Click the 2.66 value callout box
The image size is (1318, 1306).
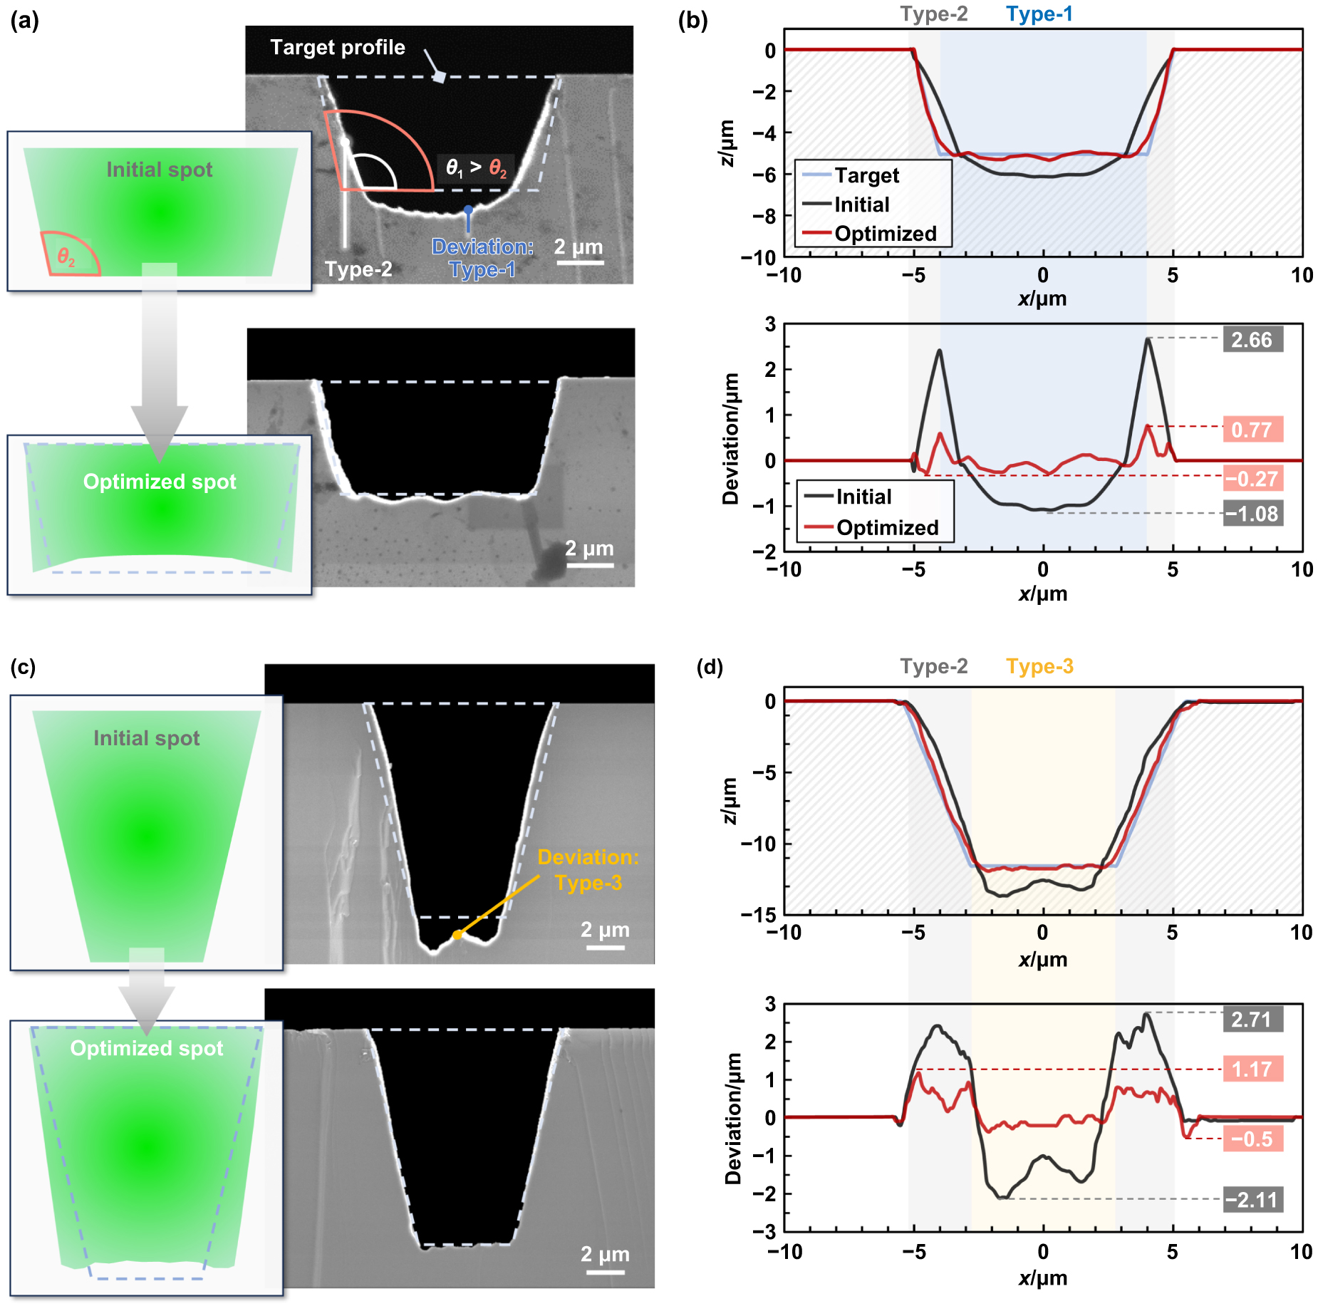[1252, 340]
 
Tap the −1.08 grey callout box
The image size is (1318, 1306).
[1252, 514]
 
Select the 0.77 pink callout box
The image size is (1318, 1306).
[1252, 430]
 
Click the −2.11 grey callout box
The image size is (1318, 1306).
[1252, 1200]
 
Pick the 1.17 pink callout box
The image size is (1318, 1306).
[1252, 1069]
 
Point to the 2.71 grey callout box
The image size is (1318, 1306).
[1252, 1020]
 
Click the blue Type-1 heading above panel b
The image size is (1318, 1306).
[1039, 14]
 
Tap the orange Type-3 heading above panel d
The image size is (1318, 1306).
[1039, 666]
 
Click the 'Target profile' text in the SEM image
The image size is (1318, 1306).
[338, 48]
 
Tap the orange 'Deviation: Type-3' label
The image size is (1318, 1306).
[588, 870]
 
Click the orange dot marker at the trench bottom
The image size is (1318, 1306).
[457, 935]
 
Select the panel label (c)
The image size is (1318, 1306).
[23, 667]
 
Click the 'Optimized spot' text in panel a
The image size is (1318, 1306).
[160, 482]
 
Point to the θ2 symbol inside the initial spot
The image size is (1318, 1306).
[66, 257]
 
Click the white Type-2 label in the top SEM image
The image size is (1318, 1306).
[358, 269]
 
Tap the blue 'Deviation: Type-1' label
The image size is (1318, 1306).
[482, 258]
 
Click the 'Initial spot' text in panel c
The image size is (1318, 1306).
[147, 738]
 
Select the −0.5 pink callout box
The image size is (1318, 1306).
[1252, 1139]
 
